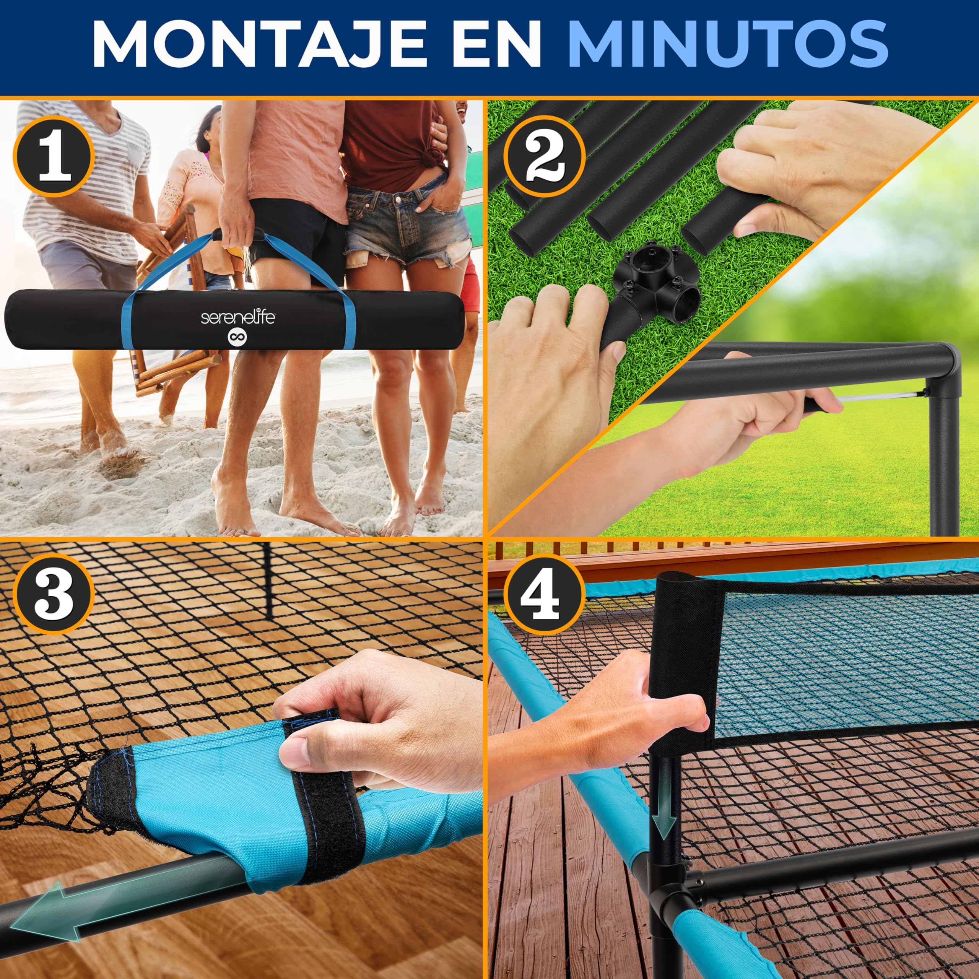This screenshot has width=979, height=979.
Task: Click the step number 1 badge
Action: [x=54, y=156]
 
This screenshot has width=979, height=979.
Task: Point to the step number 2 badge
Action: [x=544, y=156]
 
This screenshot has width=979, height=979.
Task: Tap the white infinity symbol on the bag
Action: [x=237, y=337]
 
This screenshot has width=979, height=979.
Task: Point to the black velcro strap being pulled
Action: [x=324, y=790]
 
